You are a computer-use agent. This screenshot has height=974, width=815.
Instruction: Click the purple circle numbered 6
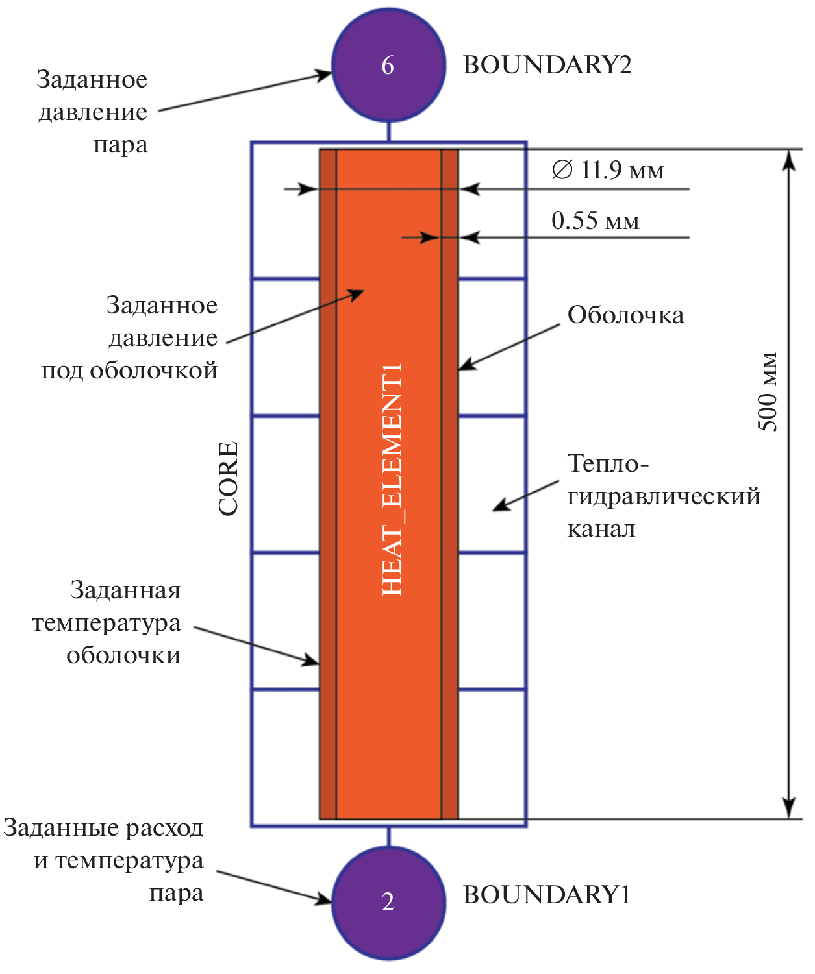tap(388, 65)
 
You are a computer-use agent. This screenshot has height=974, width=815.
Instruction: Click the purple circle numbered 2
tap(388, 902)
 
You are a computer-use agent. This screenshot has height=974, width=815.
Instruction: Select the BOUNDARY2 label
tap(547, 65)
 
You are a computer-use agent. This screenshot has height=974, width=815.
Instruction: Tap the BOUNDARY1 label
tap(546, 895)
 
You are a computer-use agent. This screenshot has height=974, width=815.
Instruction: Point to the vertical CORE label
tap(229, 478)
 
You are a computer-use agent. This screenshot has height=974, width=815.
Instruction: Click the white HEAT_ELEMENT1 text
tap(392, 480)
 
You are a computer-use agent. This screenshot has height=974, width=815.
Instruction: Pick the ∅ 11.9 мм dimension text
tap(608, 170)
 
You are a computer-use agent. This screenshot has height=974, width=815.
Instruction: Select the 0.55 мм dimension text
tap(596, 221)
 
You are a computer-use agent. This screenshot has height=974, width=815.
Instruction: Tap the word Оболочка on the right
tap(625, 315)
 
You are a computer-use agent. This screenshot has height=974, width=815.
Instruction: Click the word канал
tap(601, 529)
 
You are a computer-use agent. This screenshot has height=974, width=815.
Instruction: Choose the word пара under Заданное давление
tap(120, 145)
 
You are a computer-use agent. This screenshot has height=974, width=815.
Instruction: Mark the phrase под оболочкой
tap(129, 371)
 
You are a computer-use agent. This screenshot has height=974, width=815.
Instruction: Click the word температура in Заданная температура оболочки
tap(107, 623)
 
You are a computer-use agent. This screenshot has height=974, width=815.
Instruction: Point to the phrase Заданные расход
tap(104, 828)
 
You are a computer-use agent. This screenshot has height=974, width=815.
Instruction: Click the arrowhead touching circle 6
tap(325, 75)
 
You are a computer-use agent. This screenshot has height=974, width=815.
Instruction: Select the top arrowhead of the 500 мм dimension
tap(788, 160)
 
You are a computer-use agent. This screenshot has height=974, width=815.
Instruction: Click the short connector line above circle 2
tap(388, 837)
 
